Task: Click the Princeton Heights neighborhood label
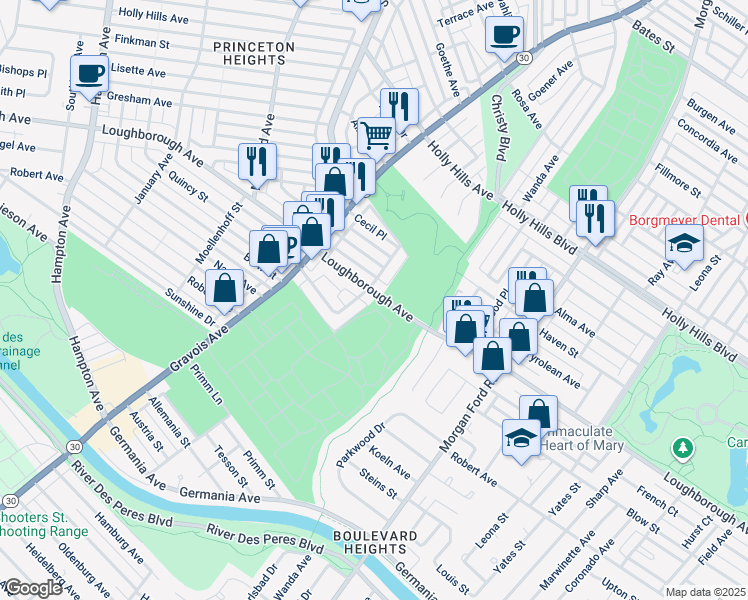(x=254, y=53)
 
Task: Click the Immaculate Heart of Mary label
(x=579, y=438)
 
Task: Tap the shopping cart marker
(x=375, y=133)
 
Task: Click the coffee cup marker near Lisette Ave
(x=90, y=72)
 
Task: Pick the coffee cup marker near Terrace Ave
(x=504, y=33)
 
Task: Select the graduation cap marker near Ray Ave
(x=684, y=244)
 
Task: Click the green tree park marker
(x=684, y=446)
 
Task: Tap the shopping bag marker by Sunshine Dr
(x=228, y=287)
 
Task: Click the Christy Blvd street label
(x=497, y=127)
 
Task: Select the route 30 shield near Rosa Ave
(x=524, y=59)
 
